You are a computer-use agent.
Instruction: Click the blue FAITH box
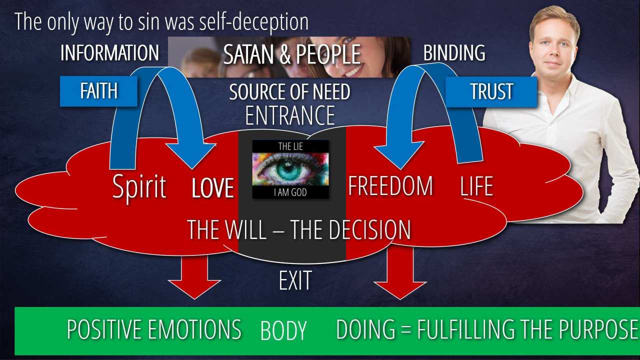[98, 91]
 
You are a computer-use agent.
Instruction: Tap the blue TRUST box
[491, 91]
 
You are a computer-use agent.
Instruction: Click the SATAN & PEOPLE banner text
[291, 54]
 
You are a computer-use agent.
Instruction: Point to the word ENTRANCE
[289, 115]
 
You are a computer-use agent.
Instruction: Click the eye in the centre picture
[290, 168]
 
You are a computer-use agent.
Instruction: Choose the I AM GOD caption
[290, 191]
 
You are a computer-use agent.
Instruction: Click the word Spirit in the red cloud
[139, 187]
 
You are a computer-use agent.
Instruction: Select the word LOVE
[213, 188]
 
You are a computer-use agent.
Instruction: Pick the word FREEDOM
[390, 186]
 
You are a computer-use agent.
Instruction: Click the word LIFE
[476, 186]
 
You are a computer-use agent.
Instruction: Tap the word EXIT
[295, 280]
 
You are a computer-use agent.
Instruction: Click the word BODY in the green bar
[283, 331]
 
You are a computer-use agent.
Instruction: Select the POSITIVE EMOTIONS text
[154, 329]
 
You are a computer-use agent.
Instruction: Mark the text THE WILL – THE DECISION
[299, 229]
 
